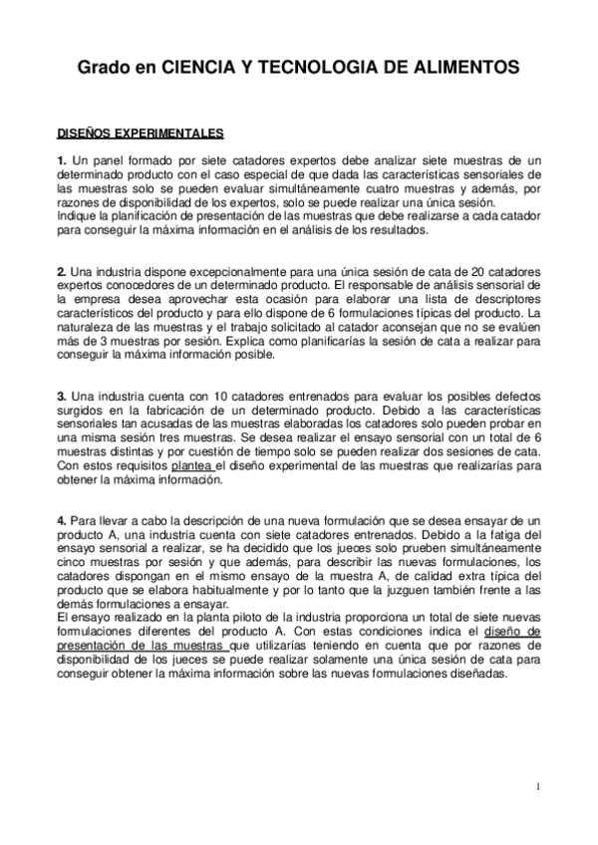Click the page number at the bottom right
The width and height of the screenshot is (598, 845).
coord(538,787)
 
